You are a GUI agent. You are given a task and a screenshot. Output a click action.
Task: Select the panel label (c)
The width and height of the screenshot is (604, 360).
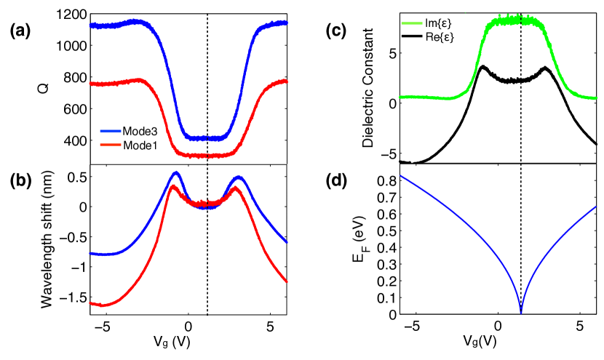[x=340, y=31]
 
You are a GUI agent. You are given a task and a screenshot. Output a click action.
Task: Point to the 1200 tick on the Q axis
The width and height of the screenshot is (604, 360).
[x=73, y=14]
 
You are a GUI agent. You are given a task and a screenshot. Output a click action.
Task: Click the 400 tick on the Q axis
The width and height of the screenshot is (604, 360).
[x=76, y=141]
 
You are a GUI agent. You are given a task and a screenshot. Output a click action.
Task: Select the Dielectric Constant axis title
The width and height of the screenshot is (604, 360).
[x=369, y=89]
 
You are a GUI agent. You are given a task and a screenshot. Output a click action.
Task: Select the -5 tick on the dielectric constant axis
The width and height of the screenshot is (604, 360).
[x=394, y=153]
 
